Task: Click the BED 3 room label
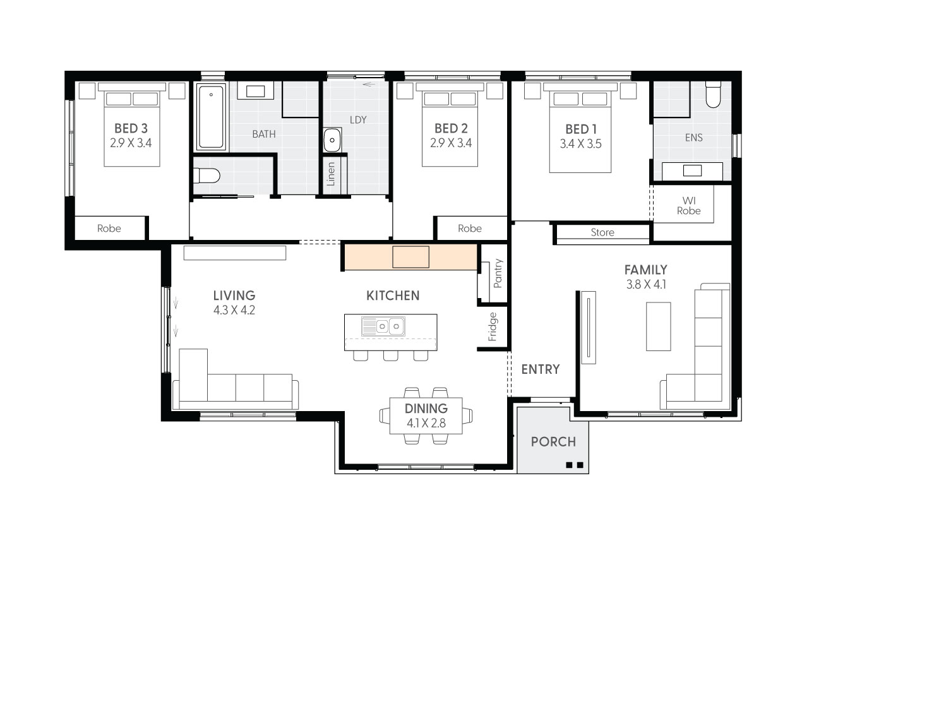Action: pos(131,128)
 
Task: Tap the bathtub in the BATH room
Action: pos(210,117)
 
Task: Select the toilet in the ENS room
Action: pos(713,95)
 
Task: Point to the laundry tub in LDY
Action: pos(332,140)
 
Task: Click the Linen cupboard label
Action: pos(331,174)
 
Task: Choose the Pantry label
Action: pos(498,273)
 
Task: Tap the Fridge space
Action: pos(493,326)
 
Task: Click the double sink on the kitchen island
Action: pos(383,326)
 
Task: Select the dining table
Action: pos(426,415)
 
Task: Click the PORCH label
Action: pos(553,441)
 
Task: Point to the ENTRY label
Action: pos(541,369)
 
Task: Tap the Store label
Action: pos(602,232)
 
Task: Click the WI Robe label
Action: pos(688,206)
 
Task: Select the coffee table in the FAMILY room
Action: pos(658,326)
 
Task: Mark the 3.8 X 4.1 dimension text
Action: pos(645,285)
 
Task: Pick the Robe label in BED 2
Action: pos(469,229)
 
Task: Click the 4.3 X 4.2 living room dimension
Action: pos(234,310)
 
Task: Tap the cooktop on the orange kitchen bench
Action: pos(410,257)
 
